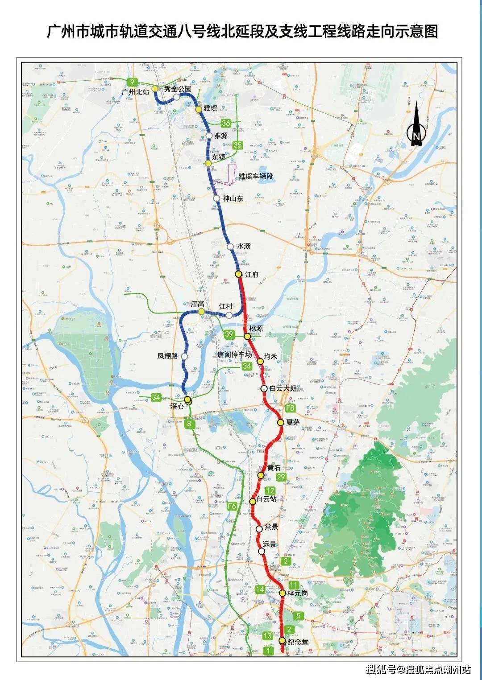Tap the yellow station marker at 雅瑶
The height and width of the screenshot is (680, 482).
click(x=199, y=109)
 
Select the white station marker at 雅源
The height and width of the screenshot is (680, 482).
click(x=209, y=136)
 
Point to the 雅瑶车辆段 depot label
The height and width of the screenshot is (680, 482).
click(x=256, y=177)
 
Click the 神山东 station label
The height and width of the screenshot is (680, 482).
click(x=233, y=198)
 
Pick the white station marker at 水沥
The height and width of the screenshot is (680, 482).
click(x=230, y=247)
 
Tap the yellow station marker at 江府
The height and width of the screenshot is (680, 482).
click(x=239, y=274)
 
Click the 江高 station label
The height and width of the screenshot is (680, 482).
click(x=197, y=304)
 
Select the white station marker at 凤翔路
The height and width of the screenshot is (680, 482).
click(x=184, y=357)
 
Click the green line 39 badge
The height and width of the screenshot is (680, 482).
click(x=229, y=334)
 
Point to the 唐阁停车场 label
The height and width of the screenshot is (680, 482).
click(x=234, y=355)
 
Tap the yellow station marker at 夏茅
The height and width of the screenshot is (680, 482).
click(x=281, y=422)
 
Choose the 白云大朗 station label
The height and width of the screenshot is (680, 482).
click(x=283, y=388)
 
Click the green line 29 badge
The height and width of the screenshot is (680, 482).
click(x=281, y=477)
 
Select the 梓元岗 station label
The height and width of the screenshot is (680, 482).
click(x=298, y=593)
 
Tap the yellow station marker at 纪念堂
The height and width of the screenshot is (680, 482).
click(x=282, y=641)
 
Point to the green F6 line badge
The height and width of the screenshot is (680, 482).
click(x=232, y=506)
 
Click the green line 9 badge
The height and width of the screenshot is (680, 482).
click(x=132, y=82)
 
